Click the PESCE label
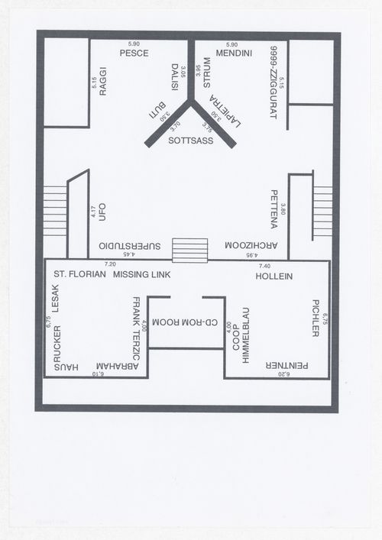134,53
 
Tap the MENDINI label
229,53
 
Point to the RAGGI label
102,80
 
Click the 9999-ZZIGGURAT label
273,81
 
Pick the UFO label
102,212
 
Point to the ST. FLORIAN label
79,273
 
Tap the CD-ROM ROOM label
186,323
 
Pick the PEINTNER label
287,366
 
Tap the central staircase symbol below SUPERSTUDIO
189,251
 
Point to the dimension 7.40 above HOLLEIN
265,264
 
